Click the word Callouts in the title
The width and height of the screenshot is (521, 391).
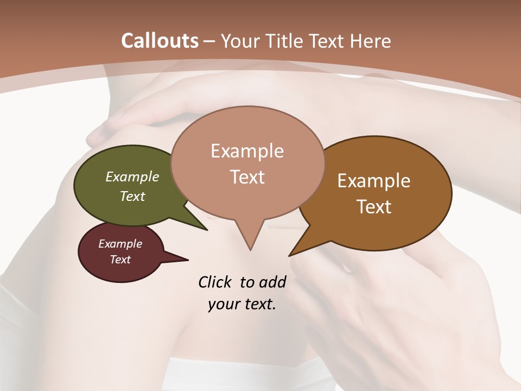pyautogui.click(x=160, y=41)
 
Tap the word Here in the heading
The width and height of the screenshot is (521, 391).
pyautogui.click(x=371, y=41)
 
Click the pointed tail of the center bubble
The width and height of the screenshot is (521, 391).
pyautogui.click(x=250, y=239)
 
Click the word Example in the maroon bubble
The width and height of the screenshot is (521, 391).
pyautogui.click(x=120, y=244)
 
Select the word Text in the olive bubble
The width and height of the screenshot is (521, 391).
pyautogui.click(x=132, y=196)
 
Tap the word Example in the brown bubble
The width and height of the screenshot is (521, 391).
pyautogui.click(x=374, y=181)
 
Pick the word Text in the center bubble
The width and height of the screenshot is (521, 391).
pyautogui.click(x=247, y=177)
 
